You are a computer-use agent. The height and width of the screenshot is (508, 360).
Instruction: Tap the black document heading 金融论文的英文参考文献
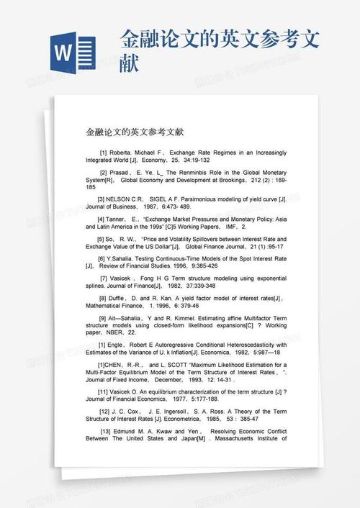coord(135,132)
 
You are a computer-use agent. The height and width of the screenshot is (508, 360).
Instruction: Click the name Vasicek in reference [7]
coord(124,278)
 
